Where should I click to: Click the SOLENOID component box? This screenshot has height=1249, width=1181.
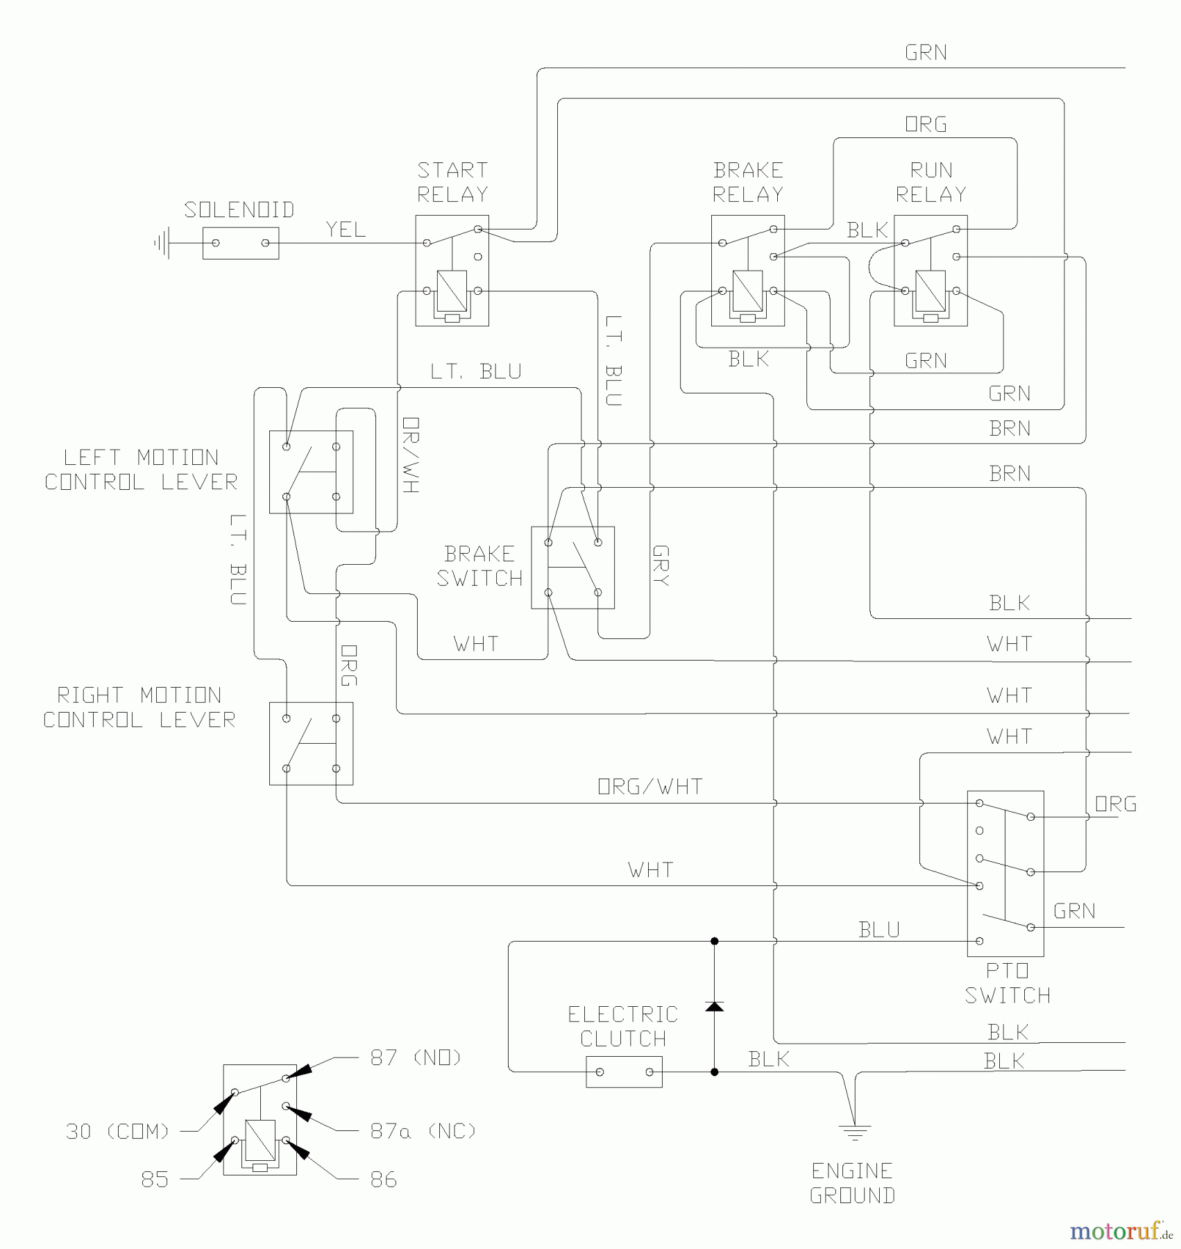click(240, 244)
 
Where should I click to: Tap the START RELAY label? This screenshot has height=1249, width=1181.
click(452, 182)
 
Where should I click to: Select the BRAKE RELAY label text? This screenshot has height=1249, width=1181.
click(748, 182)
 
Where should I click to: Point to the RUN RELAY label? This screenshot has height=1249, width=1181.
click(931, 182)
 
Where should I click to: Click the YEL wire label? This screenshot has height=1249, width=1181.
click(346, 230)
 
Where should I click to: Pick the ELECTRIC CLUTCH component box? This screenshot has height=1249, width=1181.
click(624, 1072)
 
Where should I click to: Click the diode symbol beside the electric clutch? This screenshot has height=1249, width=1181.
click(714, 1006)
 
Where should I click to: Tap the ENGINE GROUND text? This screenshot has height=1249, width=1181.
click(852, 1184)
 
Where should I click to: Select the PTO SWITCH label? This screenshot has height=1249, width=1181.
click(1007, 983)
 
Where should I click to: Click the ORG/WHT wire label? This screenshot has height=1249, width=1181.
click(650, 787)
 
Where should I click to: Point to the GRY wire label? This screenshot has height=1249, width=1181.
click(661, 566)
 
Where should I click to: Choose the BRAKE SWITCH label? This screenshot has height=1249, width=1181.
click(479, 566)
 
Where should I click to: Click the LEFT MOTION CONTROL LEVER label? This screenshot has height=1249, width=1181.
click(141, 470)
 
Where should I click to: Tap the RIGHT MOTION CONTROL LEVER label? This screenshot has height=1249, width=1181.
click(139, 708)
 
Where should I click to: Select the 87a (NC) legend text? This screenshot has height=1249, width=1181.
click(423, 1132)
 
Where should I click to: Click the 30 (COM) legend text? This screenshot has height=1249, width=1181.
click(117, 1132)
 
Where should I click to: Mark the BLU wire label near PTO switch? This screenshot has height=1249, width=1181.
click(878, 930)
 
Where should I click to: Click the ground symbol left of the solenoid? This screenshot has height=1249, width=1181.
click(162, 244)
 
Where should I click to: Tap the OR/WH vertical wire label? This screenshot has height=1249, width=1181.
click(410, 455)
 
